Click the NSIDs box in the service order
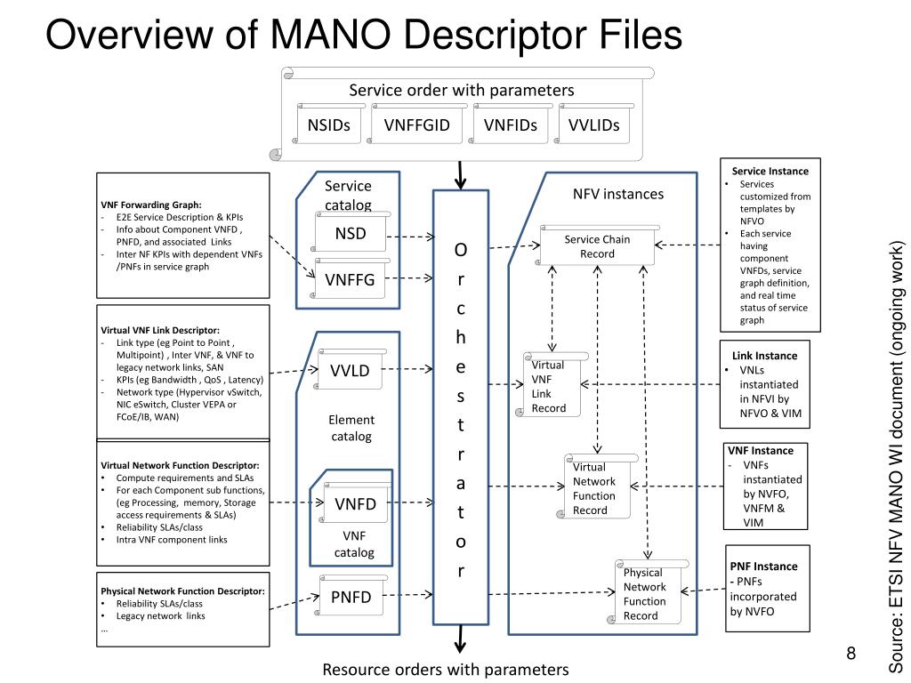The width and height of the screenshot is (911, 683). click(329, 125)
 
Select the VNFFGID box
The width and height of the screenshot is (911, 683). click(417, 125)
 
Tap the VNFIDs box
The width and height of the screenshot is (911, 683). click(511, 125)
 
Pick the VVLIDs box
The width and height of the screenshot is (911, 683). click(594, 125)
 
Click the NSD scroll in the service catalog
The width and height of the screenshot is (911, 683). click(351, 235)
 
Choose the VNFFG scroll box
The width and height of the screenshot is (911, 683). click(350, 281)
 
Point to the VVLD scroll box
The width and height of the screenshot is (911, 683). click(350, 371)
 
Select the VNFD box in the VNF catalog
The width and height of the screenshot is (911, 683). click(355, 505)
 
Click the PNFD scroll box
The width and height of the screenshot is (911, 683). click(351, 598)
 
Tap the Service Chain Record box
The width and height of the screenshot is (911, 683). click(597, 246)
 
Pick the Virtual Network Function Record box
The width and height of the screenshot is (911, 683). click(596, 488)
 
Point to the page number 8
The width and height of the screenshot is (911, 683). click(851, 655)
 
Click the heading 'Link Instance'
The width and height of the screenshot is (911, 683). click(764, 356)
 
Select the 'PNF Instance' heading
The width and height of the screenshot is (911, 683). click(763, 566)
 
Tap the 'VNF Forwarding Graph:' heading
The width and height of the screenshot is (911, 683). click(151, 204)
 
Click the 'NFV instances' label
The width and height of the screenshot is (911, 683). click(617, 194)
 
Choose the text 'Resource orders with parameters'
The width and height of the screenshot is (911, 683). click(445, 669)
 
